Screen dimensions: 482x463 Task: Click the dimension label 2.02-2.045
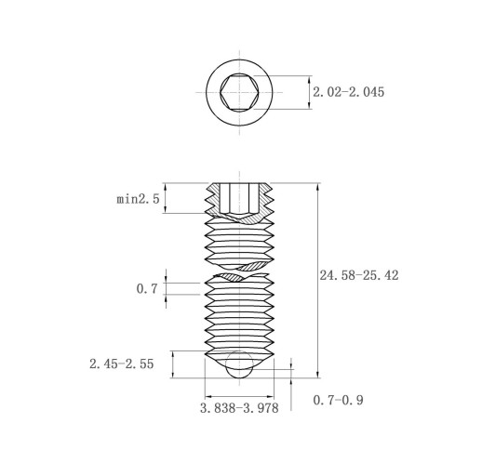click(348, 92)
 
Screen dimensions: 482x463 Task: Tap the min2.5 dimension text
click(138, 199)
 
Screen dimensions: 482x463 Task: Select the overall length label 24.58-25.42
click(359, 275)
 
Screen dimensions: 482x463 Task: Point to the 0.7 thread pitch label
click(147, 289)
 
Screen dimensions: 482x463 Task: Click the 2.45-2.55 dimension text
click(122, 364)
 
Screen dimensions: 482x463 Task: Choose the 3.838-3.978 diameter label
click(239, 408)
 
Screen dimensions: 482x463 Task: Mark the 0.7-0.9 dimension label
click(338, 400)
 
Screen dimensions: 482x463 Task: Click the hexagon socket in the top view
click(239, 92)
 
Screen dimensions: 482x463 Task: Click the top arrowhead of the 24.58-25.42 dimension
click(317, 187)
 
